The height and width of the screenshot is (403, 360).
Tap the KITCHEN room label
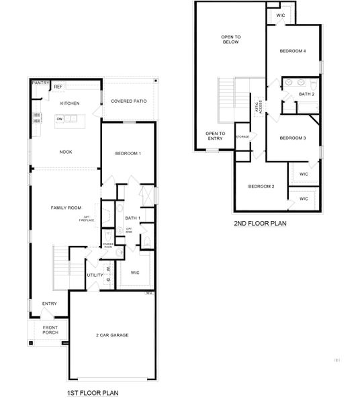point(70,103)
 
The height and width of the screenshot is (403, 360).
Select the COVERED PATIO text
point(129,101)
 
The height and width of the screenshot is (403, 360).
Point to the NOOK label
point(66,152)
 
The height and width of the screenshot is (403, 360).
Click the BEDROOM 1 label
point(128,154)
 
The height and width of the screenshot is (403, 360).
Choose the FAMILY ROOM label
point(66,208)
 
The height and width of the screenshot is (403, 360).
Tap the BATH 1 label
point(132,218)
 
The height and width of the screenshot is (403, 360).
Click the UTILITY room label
point(95,275)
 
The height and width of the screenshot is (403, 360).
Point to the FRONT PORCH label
point(50,330)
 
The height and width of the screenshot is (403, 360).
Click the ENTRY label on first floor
point(50,304)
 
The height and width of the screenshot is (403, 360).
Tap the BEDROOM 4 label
point(293,51)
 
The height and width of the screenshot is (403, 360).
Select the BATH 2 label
point(307,94)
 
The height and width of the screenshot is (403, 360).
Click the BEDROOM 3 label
point(293,138)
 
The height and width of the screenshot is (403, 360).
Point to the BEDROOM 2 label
point(261,186)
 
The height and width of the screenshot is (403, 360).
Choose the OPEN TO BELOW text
point(231,39)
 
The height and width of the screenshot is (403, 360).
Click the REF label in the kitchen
point(58,87)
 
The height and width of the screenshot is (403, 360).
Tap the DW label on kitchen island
point(60,120)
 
